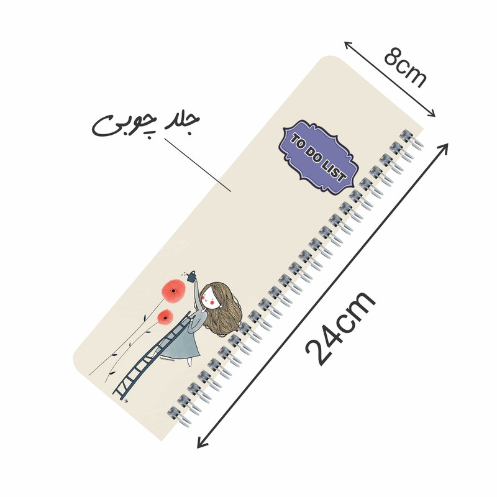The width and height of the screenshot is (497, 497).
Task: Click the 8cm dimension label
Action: (x=405, y=68)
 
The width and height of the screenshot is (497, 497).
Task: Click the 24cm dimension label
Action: (x=340, y=328)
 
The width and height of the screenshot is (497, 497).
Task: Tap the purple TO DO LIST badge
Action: (x=319, y=157)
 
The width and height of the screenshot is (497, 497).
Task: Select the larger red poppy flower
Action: (x=173, y=291)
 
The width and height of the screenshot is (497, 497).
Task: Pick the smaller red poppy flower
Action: (x=165, y=317)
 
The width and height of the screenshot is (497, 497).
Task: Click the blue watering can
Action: (x=191, y=276)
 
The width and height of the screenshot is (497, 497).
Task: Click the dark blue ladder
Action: (x=152, y=355)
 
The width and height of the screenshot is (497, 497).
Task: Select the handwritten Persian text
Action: (x=145, y=125)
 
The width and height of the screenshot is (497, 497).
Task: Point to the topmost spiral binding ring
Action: (x=411, y=139)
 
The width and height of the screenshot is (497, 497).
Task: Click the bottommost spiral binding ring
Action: (x=179, y=416)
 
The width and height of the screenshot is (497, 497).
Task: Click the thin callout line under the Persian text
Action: (x=198, y=165)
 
